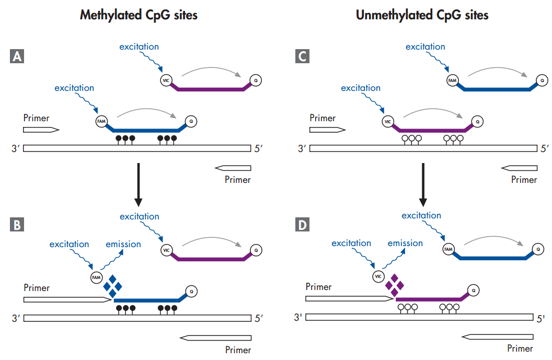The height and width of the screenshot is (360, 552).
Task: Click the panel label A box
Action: click(x=17, y=56)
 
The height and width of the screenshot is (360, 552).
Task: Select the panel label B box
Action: click(x=17, y=225)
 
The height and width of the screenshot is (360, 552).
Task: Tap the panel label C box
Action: click(x=303, y=56)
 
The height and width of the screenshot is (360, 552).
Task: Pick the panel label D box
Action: click(x=303, y=225)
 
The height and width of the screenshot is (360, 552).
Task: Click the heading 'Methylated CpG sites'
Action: click(x=139, y=15)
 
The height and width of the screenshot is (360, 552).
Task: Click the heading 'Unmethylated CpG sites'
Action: click(x=422, y=15)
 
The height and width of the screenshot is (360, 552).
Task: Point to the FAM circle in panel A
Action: click(x=101, y=121)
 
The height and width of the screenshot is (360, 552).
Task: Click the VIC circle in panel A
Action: click(x=166, y=80)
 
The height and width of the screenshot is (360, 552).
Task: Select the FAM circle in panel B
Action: click(x=97, y=277)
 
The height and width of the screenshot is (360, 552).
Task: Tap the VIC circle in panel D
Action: click(x=378, y=276)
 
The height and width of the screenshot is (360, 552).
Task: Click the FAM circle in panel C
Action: click(x=452, y=80)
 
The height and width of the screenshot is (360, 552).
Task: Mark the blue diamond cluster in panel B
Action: click(x=113, y=286)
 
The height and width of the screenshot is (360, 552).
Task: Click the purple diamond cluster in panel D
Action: click(x=395, y=285)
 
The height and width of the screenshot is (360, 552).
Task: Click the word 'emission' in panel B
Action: click(x=123, y=244)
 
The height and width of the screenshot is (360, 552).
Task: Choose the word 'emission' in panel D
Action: click(x=405, y=243)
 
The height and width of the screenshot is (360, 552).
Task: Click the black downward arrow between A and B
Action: click(x=139, y=185)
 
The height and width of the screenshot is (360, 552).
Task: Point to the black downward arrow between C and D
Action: click(x=423, y=185)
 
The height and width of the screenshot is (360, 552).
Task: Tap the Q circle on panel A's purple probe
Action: click(x=256, y=80)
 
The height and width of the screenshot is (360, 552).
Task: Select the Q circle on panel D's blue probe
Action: click(x=538, y=249)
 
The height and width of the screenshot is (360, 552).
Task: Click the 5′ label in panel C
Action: click(x=545, y=148)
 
